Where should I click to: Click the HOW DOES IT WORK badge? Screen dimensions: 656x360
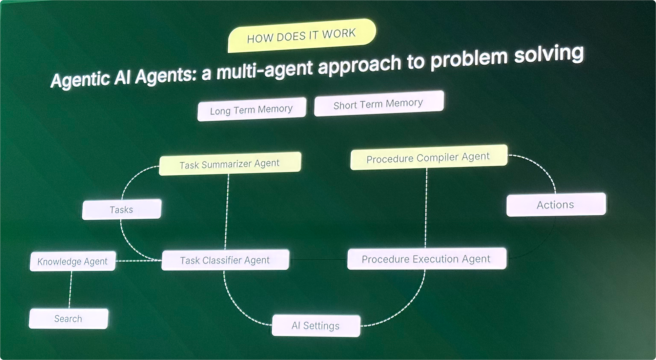coord(301,36)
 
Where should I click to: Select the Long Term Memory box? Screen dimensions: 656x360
coord(252,109)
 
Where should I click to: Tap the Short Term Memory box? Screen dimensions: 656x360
coord(379,104)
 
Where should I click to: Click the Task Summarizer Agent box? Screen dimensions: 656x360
coord(230,163)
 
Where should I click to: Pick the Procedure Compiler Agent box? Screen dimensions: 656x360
coord(428,157)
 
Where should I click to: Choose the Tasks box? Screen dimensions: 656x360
coord(121,210)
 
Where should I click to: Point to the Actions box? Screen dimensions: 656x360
coord(556,205)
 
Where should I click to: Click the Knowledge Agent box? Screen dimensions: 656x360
coord(72,261)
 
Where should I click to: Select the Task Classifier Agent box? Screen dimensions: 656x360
coord(225,260)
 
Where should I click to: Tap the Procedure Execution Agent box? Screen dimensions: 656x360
coord(426,259)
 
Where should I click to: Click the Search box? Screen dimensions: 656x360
coord(68,318)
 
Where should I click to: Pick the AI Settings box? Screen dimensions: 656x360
coord(316,326)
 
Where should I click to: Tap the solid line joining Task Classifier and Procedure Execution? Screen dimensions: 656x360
coord(318,260)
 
